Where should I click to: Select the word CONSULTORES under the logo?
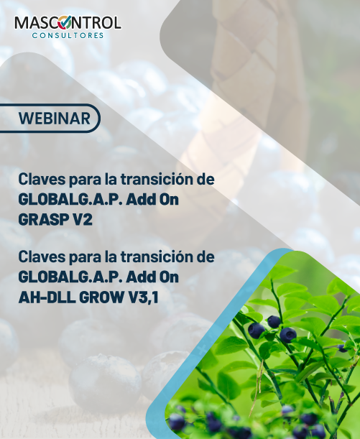(68, 34)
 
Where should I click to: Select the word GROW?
(105, 295)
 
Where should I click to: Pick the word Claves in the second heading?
(40, 256)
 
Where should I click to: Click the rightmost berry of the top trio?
(288, 334)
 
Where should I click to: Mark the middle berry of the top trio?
(274, 321)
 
